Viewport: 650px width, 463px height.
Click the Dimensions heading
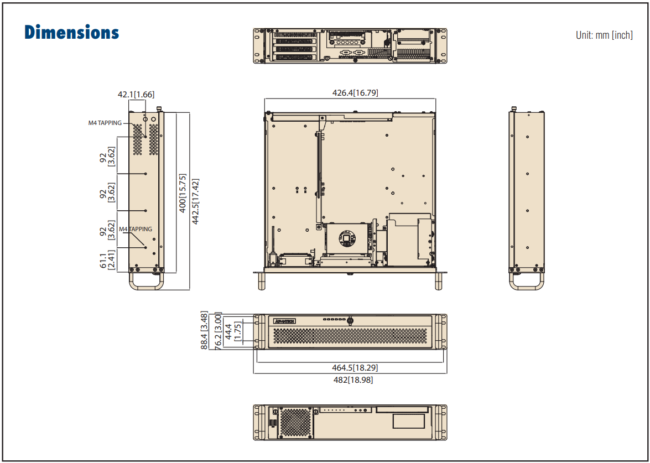click(72, 32)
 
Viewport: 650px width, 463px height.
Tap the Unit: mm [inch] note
click(604, 35)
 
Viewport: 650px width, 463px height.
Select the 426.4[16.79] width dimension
click(355, 93)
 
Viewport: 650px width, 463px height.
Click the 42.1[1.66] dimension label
click(136, 95)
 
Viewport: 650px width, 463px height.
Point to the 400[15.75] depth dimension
click(183, 194)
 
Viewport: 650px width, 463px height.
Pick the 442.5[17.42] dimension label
click(195, 201)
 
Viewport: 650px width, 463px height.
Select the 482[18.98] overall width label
click(349, 380)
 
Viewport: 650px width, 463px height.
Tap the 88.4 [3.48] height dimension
click(204, 331)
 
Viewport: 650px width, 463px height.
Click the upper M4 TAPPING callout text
click(105, 123)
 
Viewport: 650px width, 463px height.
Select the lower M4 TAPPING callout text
click(136, 229)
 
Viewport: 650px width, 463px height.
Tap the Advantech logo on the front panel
click(285, 321)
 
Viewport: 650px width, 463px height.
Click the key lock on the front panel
click(350, 320)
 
